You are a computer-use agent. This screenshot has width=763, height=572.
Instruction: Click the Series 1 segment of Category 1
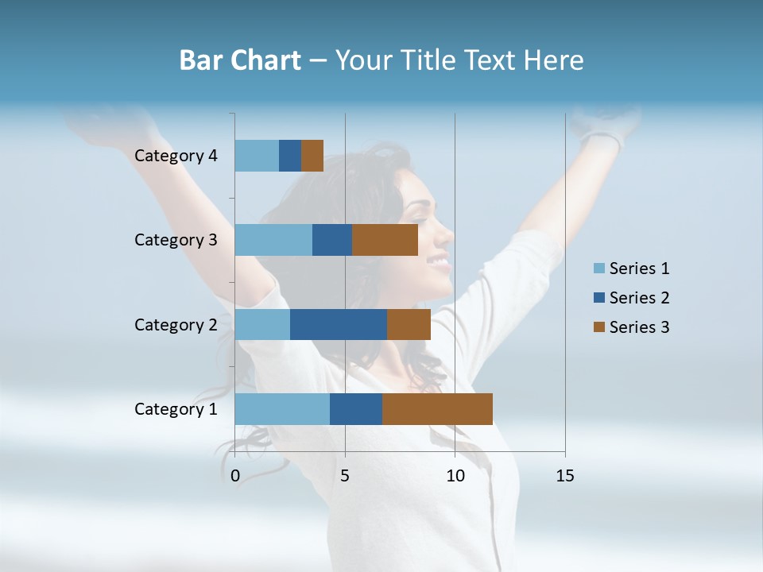(282, 409)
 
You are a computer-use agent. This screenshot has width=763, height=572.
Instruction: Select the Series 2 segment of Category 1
(356, 409)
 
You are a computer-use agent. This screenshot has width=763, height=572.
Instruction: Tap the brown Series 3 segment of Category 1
(437, 409)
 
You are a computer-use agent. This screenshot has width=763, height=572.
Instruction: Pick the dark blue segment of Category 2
(339, 324)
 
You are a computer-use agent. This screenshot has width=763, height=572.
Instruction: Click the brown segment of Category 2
(409, 324)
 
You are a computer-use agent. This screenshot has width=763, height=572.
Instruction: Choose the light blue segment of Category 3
(273, 240)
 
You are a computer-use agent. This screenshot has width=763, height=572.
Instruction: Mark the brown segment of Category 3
(385, 240)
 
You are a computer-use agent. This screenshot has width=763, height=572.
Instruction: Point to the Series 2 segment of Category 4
(290, 156)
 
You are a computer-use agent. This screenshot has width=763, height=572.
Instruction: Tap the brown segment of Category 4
(312, 156)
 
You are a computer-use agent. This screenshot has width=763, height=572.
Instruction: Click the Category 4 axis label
(176, 156)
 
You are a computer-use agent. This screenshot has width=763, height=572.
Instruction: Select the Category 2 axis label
(176, 324)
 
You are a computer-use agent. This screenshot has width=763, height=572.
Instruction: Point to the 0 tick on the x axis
(235, 476)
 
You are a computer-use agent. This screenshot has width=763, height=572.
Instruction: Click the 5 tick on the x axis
(345, 476)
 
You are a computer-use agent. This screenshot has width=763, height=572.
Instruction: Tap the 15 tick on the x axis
(564, 476)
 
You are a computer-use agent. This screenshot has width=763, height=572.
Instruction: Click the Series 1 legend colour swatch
(598, 269)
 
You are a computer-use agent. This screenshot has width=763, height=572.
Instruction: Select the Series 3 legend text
(639, 327)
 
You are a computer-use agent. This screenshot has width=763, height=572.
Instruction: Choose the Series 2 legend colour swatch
(598, 298)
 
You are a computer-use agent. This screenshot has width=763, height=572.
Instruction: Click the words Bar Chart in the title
(240, 60)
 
